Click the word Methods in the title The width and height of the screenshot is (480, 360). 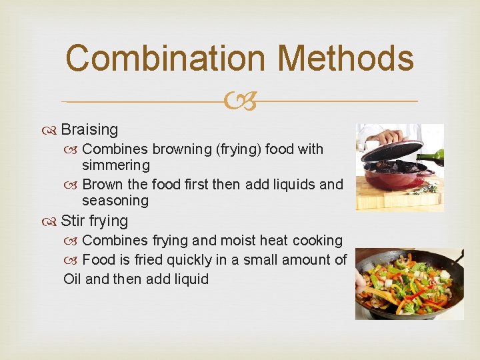click(x=345, y=58)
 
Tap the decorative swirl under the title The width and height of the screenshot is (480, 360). click(x=240, y=102)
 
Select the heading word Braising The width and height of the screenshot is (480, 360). click(x=89, y=129)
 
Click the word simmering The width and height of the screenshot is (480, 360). click(x=116, y=165)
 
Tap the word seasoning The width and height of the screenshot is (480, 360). click(x=116, y=200)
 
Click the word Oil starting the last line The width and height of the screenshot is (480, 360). click(x=73, y=279)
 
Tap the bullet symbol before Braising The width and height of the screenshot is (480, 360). click(x=53, y=130)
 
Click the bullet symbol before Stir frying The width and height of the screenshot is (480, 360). click(x=53, y=221)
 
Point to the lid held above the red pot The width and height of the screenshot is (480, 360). click(x=391, y=153)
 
